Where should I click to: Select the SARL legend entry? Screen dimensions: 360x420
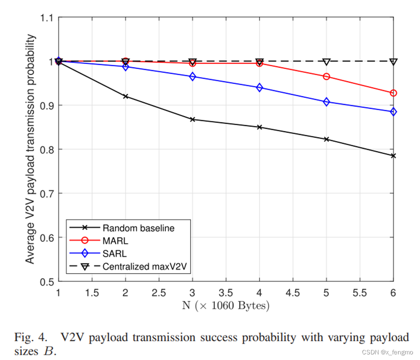click(112, 254)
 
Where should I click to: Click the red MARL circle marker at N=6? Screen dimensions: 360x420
click(393, 93)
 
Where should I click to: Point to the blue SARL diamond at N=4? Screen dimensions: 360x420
click(260, 88)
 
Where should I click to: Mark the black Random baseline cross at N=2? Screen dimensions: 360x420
click(126, 96)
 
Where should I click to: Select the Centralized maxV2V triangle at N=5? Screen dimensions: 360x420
click(327, 62)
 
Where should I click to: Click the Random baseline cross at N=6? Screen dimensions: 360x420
click(393, 155)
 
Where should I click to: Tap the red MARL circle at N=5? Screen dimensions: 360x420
click(327, 77)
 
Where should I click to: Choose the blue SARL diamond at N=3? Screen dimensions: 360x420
click(192, 77)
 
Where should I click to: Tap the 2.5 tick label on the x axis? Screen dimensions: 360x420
click(159, 293)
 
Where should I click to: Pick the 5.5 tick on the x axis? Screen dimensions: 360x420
click(360, 293)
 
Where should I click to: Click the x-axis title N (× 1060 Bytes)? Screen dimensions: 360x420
click(226, 306)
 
